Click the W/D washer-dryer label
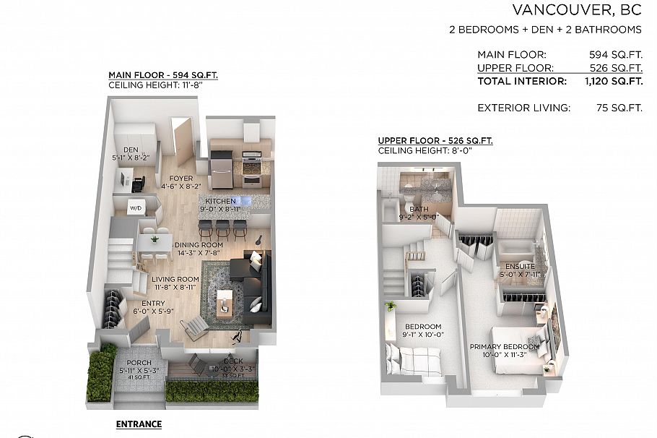pos(136,208)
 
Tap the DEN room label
pos(130,150)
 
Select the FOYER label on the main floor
pos(180,178)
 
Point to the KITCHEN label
pos(221,201)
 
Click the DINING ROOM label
pos(199,245)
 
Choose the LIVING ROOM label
pos(175,279)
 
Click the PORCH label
pos(139,363)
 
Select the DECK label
pos(232,361)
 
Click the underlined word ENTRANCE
pos(139,424)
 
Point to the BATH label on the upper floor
pos(419,209)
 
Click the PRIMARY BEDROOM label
pos(505,347)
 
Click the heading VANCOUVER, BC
pos(577,10)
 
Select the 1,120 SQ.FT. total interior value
pos(613,82)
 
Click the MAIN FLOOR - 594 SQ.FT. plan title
pos(163,74)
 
